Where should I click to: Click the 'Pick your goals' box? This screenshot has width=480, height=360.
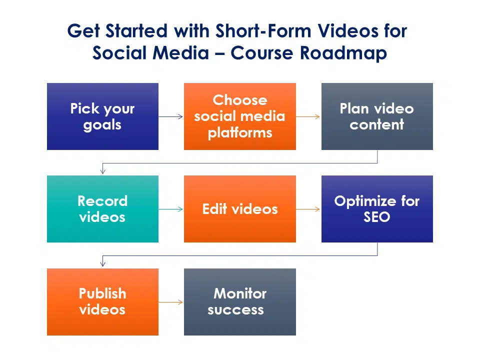click(x=102, y=116)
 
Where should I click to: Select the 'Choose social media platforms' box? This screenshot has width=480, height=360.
click(x=240, y=116)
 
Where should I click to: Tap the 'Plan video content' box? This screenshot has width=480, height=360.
click(x=377, y=116)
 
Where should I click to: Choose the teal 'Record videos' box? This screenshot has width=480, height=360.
click(x=102, y=209)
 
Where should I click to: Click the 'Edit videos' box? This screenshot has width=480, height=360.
click(x=240, y=209)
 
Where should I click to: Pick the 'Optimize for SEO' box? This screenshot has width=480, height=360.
click(x=377, y=209)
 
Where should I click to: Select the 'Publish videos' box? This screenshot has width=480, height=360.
click(x=102, y=302)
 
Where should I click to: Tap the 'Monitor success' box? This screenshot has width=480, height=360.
click(x=240, y=302)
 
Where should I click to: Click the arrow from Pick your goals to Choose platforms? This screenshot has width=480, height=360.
click(x=171, y=116)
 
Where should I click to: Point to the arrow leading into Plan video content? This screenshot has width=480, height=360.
click(x=308, y=116)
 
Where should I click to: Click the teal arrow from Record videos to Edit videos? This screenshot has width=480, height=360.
click(x=171, y=209)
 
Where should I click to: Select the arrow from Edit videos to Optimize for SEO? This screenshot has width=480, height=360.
click(x=308, y=209)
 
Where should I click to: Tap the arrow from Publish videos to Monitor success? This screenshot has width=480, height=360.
click(x=171, y=302)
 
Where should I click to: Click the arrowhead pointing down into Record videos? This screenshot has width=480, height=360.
click(x=103, y=171)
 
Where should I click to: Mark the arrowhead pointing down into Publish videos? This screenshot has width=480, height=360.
click(x=103, y=263)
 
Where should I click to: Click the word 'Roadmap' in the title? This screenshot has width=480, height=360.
click(x=343, y=53)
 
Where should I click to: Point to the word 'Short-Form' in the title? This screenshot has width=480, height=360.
click(x=263, y=31)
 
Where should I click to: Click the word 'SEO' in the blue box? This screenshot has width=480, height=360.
click(x=377, y=217)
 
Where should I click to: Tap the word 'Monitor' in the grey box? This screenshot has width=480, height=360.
click(x=240, y=293)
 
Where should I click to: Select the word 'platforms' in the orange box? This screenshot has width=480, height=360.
click(x=240, y=133)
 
